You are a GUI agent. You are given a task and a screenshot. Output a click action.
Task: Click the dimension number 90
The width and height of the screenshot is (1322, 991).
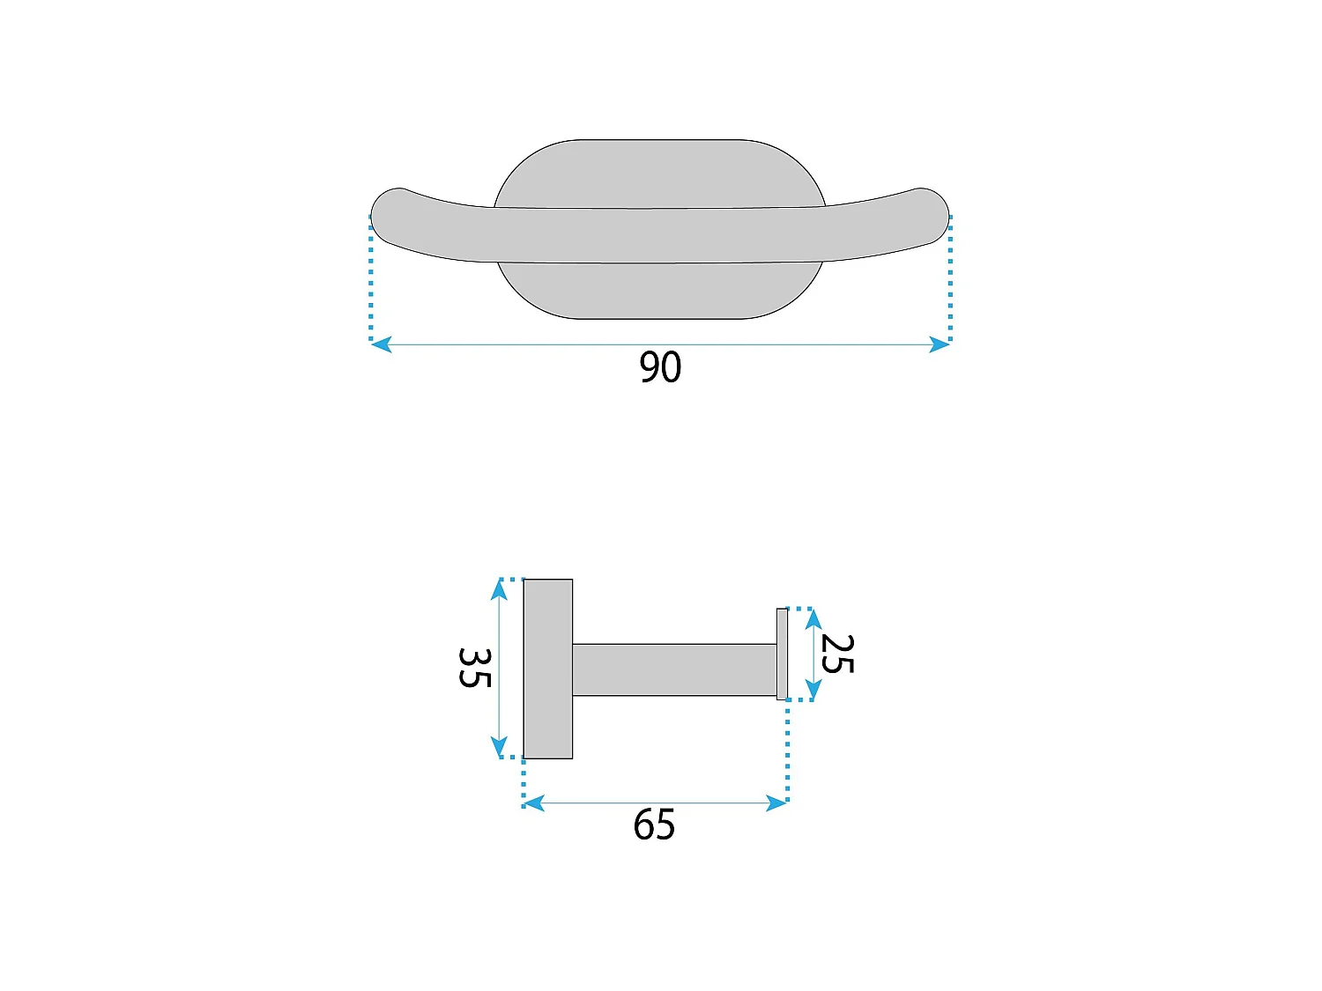point(660,366)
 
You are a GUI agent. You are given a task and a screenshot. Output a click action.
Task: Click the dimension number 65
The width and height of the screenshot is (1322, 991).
point(654,825)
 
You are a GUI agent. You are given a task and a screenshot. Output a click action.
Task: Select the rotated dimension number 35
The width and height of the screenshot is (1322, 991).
point(475,668)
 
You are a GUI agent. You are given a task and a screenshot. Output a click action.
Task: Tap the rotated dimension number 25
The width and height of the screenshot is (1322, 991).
point(837,654)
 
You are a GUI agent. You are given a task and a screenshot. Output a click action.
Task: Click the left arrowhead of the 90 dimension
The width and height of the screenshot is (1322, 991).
point(382,344)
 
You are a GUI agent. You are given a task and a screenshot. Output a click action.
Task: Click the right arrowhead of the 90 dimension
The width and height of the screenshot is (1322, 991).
point(939,344)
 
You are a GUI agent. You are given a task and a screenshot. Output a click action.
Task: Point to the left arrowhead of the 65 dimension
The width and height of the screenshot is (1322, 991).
point(534,803)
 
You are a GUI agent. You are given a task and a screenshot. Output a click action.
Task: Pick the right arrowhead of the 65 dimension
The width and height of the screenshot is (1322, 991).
point(776,803)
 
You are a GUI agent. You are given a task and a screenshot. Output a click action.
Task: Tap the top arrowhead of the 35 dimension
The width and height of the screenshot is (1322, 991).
point(499,589)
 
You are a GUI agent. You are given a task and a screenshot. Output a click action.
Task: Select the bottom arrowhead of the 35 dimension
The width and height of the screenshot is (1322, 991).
point(499,747)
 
